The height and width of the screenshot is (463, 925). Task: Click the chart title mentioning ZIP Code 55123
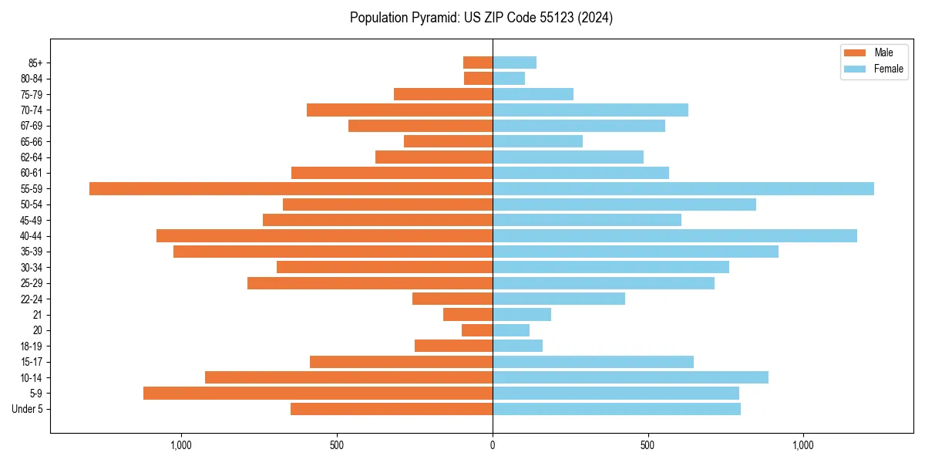[481, 18]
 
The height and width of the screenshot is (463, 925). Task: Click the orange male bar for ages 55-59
[291, 189]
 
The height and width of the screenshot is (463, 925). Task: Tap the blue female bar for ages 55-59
[683, 189]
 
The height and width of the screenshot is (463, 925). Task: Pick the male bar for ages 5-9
[318, 394]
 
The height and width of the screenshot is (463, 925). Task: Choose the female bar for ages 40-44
[674, 236]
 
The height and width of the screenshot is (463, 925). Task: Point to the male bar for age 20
[477, 330]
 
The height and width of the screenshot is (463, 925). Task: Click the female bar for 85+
[514, 63]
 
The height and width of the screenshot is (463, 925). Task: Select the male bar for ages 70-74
[399, 110]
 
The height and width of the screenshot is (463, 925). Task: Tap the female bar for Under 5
[617, 409]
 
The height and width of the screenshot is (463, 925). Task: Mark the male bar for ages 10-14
[348, 377]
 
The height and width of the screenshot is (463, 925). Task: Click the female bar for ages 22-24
[559, 299]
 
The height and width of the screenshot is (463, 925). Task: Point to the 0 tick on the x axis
[493, 445]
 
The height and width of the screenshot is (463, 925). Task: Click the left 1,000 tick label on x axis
[181, 445]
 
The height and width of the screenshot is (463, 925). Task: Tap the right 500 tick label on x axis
[647, 445]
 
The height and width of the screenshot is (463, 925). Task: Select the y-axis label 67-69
[31, 126]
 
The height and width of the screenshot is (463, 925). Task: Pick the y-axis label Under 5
[27, 409]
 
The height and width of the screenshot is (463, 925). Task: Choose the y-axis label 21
[37, 315]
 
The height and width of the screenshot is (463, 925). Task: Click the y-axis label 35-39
[31, 252]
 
